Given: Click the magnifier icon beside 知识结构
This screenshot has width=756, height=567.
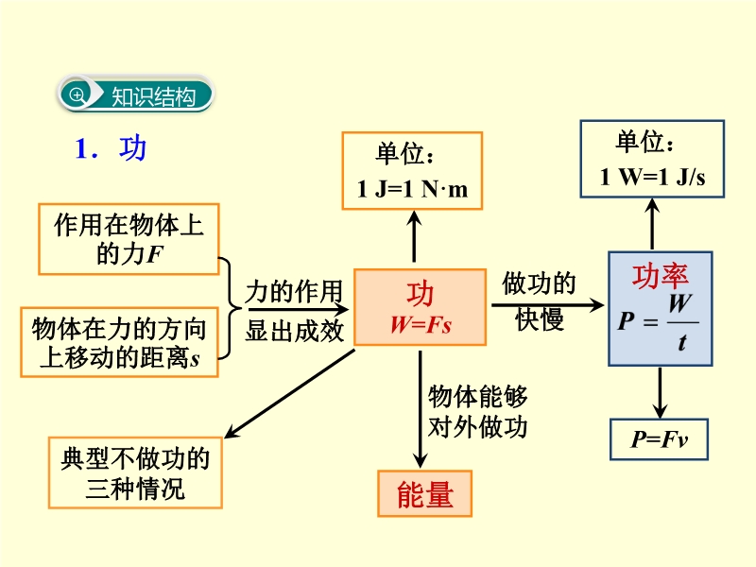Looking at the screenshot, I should click(x=77, y=95).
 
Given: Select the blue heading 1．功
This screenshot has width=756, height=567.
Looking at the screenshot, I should click(x=111, y=149).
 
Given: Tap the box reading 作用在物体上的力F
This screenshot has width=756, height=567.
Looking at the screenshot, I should click(x=129, y=238).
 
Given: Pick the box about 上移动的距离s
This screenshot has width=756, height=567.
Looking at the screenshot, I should click(x=117, y=342).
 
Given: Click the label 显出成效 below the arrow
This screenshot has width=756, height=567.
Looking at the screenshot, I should click(x=294, y=330).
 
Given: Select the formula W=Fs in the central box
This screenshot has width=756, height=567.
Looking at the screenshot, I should click(x=421, y=324).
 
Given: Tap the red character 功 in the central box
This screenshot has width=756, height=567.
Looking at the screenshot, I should click(x=421, y=294).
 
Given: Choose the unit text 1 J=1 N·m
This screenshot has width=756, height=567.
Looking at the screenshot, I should click(x=412, y=189).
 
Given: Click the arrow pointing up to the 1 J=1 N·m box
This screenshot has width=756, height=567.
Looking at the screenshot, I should click(x=414, y=236).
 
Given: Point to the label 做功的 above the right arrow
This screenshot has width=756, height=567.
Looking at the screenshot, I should click(x=540, y=283).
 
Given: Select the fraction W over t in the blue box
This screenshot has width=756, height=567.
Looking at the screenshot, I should click(x=680, y=322).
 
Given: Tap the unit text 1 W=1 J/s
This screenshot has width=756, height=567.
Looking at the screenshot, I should click(x=652, y=178).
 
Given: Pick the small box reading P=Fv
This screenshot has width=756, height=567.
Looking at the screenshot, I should click(x=658, y=439).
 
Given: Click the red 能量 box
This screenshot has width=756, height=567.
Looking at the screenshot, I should click(x=424, y=493).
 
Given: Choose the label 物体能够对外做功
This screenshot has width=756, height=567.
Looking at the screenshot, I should click(x=477, y=411).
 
